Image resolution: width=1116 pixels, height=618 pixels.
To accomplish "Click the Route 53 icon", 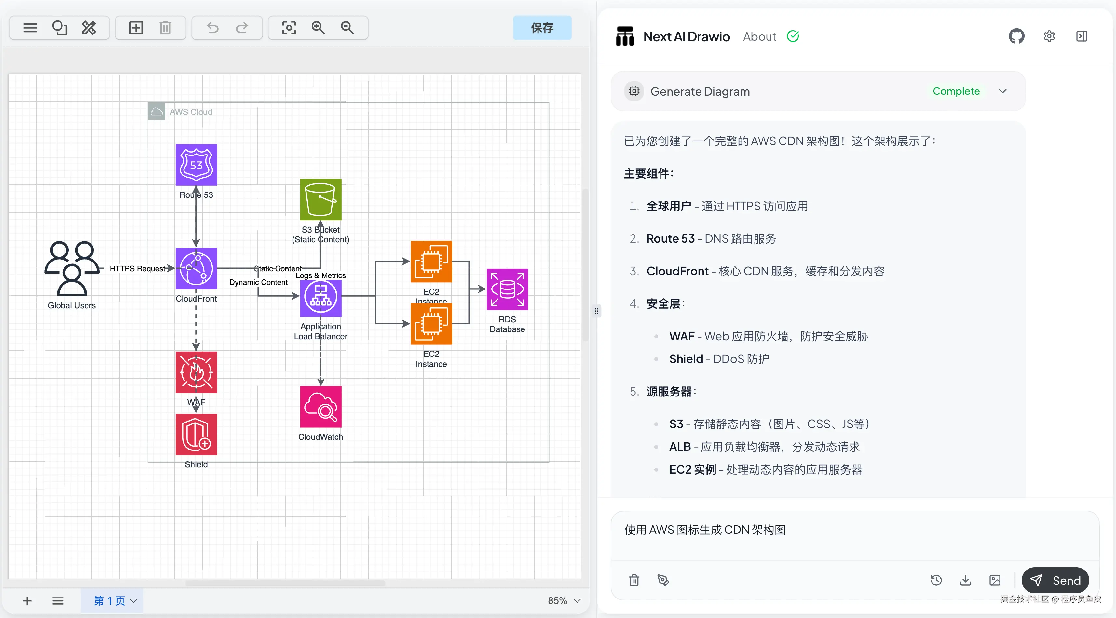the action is point(196,165).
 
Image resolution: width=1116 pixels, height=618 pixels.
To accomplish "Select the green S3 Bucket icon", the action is point(320,200).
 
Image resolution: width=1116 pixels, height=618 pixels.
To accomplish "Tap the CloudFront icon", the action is point(196,269).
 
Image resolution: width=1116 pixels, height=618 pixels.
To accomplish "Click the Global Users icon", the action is point(72,269).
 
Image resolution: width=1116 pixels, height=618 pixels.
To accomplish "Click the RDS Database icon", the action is point(507,289).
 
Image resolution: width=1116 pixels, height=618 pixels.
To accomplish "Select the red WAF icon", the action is point(196,372).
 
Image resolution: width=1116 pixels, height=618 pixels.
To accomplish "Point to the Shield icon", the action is point(196,434).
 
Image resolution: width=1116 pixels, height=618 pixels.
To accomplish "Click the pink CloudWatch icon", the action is point(320,407).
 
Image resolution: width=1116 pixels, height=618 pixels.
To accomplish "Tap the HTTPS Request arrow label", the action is point(137,269).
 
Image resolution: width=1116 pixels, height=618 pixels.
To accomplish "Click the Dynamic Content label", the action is point(258,282).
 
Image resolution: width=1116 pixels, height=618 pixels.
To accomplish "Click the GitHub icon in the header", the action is point(1016,36).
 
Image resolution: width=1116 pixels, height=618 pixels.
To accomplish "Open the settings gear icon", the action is point(1049,36).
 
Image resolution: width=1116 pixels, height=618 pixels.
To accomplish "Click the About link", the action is point(759,37).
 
